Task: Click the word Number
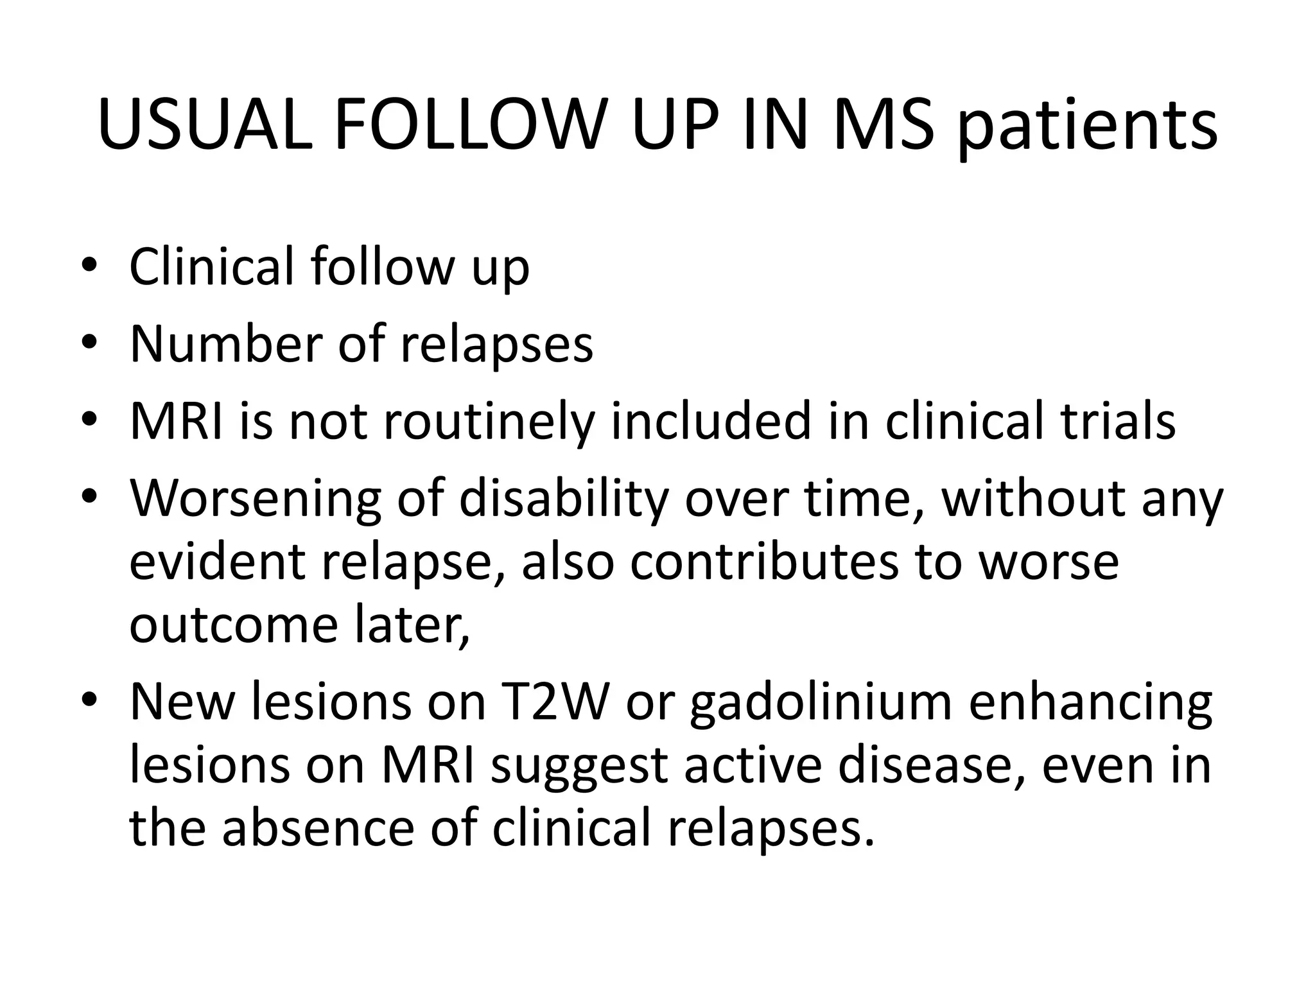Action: point(225,344)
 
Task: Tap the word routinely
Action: point(489,422)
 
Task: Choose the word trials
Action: point(1118,422)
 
